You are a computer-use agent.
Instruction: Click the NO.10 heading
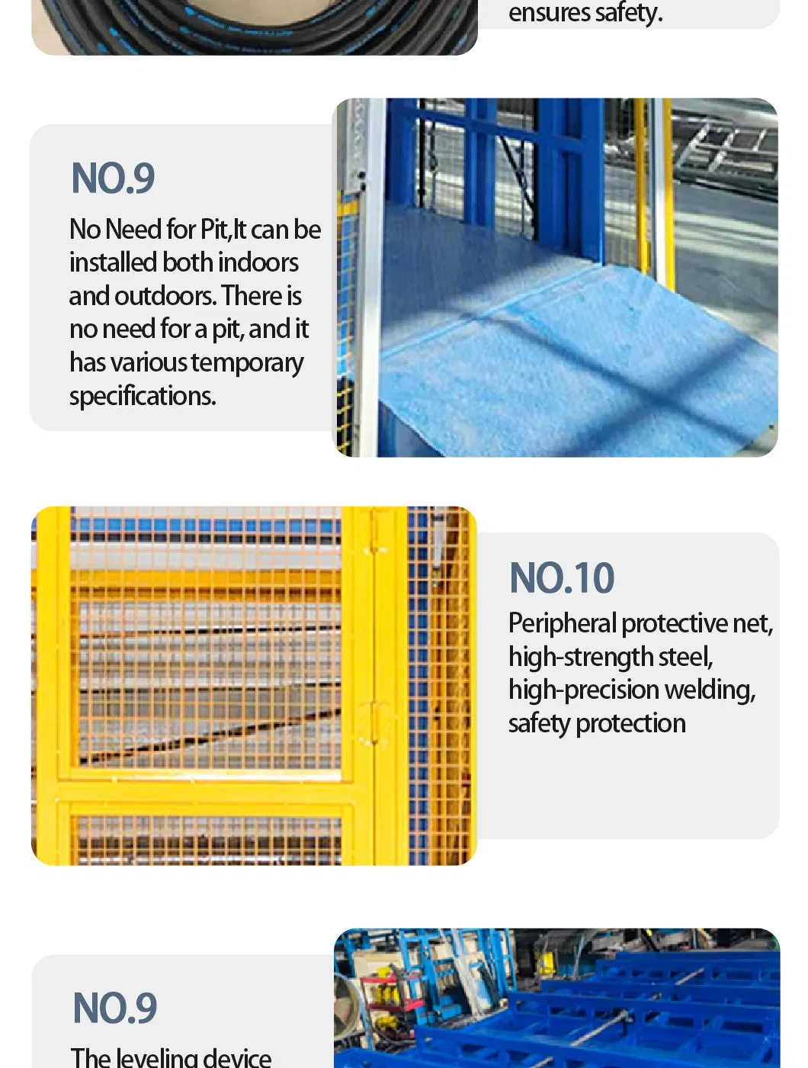(562, 577)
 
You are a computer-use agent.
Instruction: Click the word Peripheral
(563, 623)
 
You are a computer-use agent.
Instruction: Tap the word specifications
(143, 396)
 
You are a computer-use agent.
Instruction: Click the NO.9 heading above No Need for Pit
(113, 179)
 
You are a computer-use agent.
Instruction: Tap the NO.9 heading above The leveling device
(115, 1008)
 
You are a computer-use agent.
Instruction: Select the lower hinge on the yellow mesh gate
(374, 721)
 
